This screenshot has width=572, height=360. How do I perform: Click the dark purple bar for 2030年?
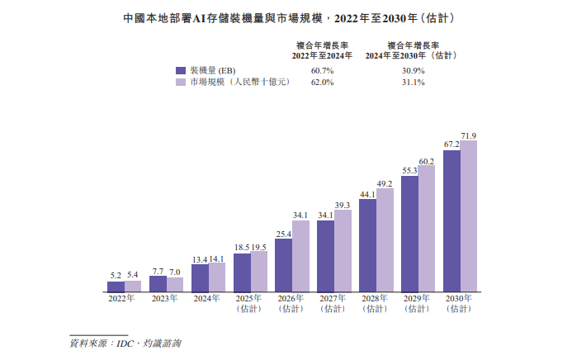click(x=451, y=221)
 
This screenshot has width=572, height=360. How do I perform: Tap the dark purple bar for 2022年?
click(x=116, y=287)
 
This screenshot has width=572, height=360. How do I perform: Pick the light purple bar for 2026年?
click(x=300, y=256)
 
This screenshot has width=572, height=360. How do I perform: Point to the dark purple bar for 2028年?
click(x=367, y=246)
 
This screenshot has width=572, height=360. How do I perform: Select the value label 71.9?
click(x=469, y=135)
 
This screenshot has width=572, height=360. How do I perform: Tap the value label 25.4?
click(x=283, y=235)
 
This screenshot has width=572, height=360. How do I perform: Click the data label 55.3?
click(x=409, y=170)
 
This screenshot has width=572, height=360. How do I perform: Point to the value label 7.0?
click(x=175, y=272)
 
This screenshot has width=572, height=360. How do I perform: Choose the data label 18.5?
click(x=241, y=248)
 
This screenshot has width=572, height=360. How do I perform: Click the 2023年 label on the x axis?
click(x=166, y=299)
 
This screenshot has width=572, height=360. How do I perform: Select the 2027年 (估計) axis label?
click(x=334, y=304)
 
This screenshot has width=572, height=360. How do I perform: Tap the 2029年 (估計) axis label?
click(x=418, y=304)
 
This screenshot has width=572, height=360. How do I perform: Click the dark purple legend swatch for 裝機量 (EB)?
click(x=181, y=71)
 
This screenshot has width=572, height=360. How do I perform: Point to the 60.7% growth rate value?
click(x=323, y=71)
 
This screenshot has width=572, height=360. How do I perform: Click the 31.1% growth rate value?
click(x=413, y=83)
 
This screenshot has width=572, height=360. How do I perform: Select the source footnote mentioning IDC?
click(x=125, y=342)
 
